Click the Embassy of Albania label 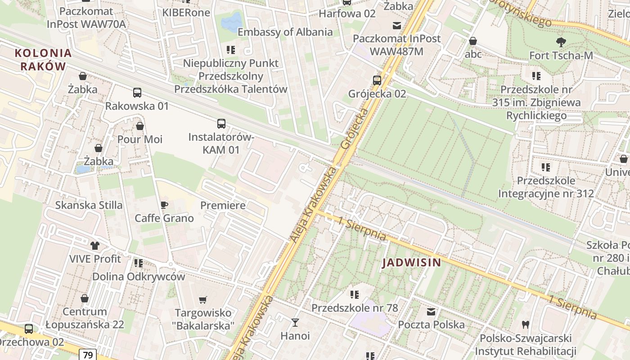click(285, 32)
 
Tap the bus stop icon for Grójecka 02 click(377, 81)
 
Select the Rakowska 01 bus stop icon click(137, 93)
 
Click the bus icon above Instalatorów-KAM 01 click(221, 123)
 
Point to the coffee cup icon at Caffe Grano click(164, 205)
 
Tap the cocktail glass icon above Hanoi click(295, 322)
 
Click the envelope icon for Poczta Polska click(431, 311)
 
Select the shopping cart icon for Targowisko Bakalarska click(203, 300)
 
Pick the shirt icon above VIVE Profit click(95, 246)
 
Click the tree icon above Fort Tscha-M click(561, 42)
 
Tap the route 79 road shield click(88, 355)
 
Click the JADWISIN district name click(412, 263)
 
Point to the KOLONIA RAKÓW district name click(43, 59)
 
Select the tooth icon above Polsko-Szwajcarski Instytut click(525, 324)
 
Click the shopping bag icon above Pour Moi click(140, 126)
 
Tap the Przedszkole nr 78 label click(355, 308)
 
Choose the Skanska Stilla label click(89, 205)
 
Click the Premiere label click(223, 206)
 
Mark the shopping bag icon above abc click(473, 41)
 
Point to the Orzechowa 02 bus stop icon click(29, 328)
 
